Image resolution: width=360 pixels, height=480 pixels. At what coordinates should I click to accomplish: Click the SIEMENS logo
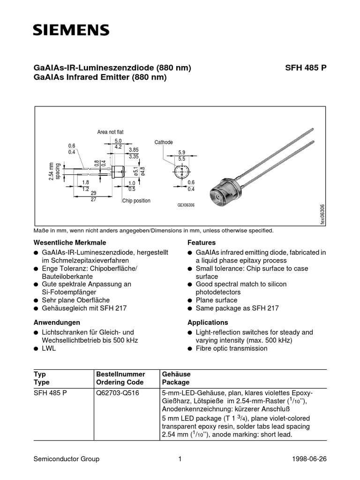point(71,30)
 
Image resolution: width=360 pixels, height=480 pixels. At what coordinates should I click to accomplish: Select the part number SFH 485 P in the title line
point(306,67)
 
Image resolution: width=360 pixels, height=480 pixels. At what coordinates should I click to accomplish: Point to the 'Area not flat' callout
point(110,132)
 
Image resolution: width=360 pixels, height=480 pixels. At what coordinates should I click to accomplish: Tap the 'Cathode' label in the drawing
point(164,142)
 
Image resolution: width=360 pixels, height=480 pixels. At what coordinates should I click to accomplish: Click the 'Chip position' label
point(136,201)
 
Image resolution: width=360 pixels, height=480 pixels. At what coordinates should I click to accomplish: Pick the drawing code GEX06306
point(186,205)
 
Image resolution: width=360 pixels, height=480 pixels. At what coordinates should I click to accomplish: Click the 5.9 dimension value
point(182,152)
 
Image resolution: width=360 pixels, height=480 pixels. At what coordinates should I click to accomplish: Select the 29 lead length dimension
point(94,193)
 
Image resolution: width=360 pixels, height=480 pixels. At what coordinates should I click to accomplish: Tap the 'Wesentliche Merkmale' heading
point(70,243)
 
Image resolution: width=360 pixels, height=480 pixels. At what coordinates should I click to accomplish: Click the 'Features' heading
point(202,243)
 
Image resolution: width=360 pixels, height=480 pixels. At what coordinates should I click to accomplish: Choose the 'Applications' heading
point(208,322)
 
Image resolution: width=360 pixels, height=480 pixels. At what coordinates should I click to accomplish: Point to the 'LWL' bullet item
point(49,348)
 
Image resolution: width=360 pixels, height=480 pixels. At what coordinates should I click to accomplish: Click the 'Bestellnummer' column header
point(120,374)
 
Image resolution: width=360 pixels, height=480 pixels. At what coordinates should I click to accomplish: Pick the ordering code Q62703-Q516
point(117,392)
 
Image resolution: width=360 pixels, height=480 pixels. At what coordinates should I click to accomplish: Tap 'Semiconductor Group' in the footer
point(67,459)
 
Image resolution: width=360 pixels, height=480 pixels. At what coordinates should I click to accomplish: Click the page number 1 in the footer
point(180,459)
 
